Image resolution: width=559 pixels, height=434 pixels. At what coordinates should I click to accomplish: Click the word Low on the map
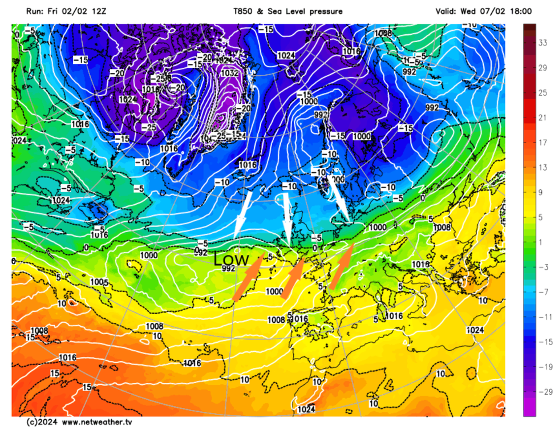(231, 259)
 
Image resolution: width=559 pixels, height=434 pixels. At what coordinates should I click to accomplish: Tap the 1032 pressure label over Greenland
(230, 73)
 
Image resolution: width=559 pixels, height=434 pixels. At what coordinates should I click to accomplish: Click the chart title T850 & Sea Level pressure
(287, 11)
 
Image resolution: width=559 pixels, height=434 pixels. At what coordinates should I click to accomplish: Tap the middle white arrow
(287, 220)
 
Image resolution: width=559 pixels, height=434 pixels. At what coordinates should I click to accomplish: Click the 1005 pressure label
(99, 282)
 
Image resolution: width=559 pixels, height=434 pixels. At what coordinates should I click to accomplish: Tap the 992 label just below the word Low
(229, 269)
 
